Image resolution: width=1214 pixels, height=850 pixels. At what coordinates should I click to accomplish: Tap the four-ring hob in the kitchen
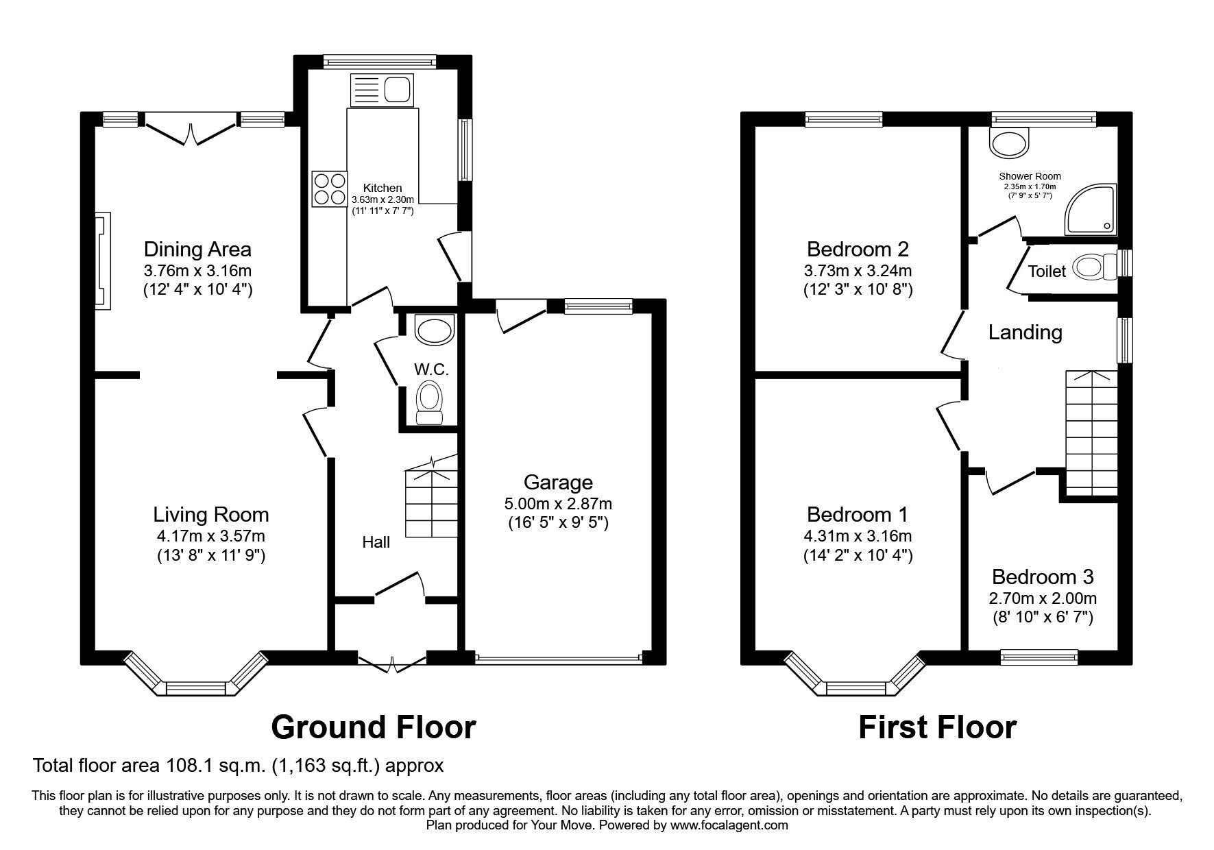tap(329, 189)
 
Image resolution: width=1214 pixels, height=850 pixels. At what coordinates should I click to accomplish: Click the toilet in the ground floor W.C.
tap(430, 403)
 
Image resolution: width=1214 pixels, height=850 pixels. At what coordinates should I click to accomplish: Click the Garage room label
tap(558, 482)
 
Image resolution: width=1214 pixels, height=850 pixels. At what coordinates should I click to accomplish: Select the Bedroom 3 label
tap(1042, 576)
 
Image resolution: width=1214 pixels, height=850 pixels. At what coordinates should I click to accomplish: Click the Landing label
tap(1025, 332)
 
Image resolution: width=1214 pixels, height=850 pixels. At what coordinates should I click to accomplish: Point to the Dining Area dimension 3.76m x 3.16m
tap(197, 269)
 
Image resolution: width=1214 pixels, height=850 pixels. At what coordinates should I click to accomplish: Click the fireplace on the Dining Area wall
tap(101, 260)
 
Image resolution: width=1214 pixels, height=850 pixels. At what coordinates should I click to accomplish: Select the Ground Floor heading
tap(373, 727)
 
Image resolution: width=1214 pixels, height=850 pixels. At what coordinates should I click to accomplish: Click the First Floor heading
tap(937, 727)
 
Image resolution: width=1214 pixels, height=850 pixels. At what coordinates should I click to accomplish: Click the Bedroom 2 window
tap(843, 120)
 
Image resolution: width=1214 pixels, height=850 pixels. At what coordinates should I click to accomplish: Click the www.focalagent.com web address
tap(729, 825)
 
